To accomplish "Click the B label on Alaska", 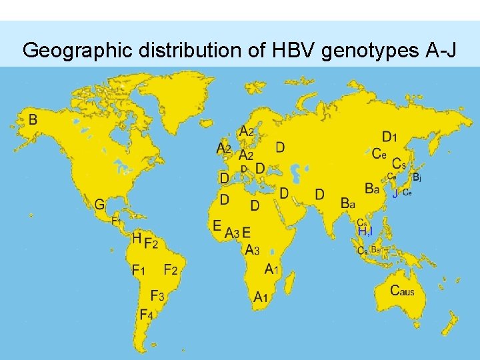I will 33,120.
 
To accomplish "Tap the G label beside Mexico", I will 99,205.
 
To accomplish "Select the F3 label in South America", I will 157,296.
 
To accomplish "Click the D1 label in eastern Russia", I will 389,138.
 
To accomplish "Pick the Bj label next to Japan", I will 417,177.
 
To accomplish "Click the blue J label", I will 395,194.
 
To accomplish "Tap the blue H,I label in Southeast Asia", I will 365,231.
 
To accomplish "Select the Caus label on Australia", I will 402,291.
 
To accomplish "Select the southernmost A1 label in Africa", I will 260,298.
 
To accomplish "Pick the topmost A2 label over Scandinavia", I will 247,131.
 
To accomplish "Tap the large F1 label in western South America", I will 138,271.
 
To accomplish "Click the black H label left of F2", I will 136,237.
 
